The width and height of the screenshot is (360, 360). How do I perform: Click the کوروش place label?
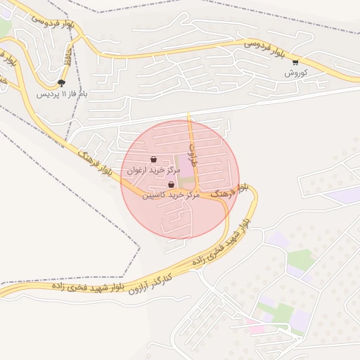293,73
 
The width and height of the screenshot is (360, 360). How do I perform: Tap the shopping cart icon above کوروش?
295,62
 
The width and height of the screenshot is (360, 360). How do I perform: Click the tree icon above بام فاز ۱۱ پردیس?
61,82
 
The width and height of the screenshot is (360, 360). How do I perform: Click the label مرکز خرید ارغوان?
154,170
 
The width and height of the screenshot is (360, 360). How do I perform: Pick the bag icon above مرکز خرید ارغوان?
154,159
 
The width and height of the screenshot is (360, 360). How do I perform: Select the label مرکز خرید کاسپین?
172,195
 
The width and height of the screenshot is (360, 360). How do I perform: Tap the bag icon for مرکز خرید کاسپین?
171,184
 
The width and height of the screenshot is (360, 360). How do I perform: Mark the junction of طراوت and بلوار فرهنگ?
195,191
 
